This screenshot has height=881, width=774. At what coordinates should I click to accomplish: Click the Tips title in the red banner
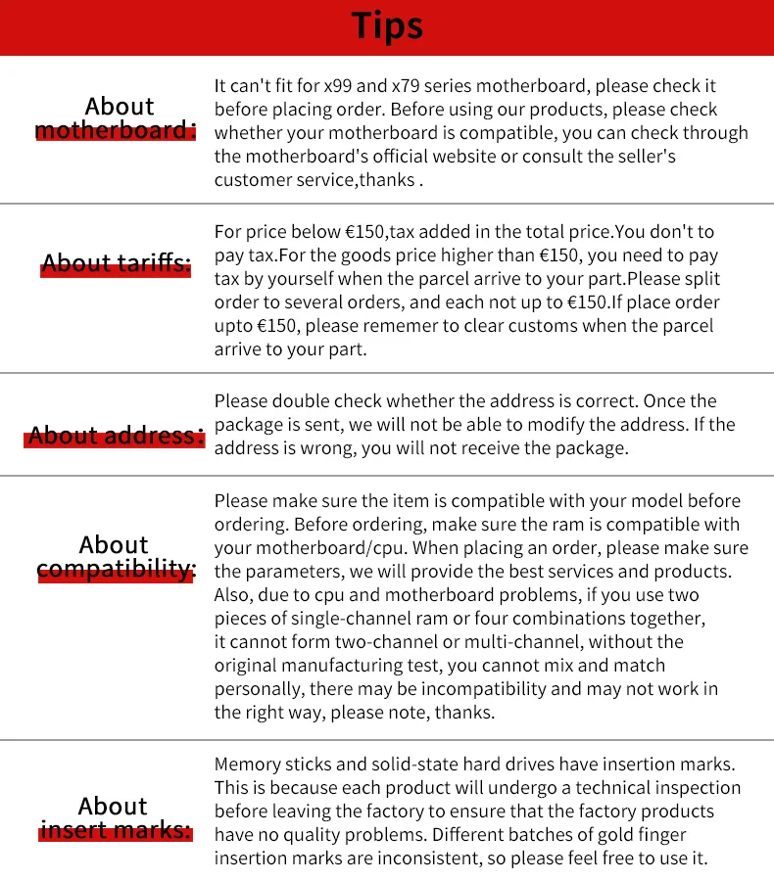coord(387,26)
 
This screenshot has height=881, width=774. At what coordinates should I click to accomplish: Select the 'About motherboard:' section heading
coord(116,118)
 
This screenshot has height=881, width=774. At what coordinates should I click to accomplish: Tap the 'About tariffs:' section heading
coord(116,263)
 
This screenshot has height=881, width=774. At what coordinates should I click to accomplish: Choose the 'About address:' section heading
coord(116,436)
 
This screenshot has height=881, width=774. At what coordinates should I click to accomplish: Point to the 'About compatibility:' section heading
coord(116,557)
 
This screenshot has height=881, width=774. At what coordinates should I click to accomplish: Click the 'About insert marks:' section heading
coord(116,818)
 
